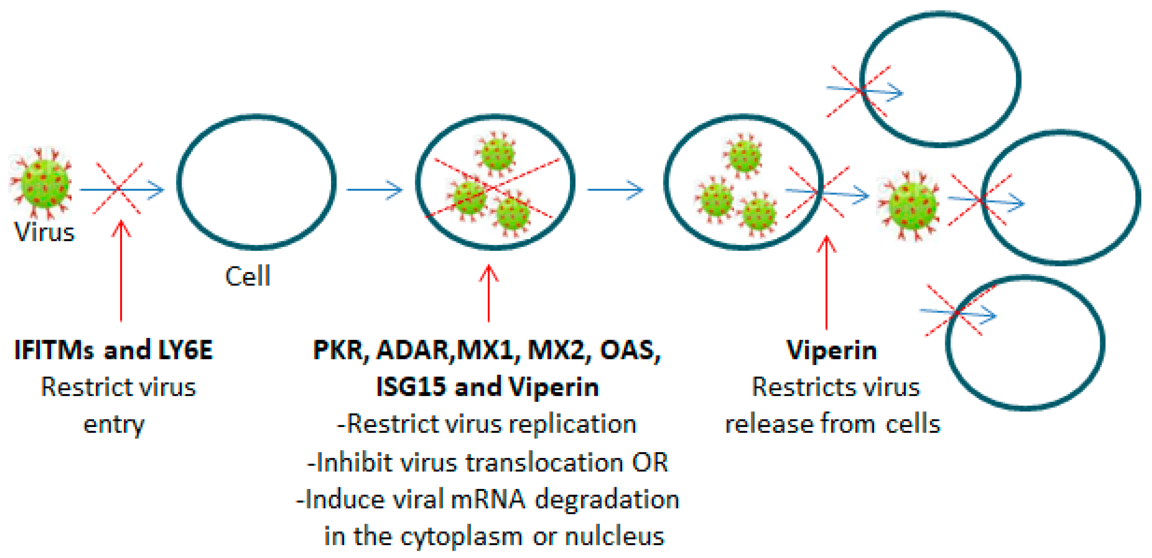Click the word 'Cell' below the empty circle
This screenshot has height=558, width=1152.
point(248,276)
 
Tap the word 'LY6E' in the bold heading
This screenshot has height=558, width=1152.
point(185,350)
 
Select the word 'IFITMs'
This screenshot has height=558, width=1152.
point(54,350)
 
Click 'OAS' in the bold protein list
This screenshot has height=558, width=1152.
point(628,350)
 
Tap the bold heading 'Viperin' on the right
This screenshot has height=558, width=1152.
point(832,350)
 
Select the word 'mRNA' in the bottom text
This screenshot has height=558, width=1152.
point(487,499)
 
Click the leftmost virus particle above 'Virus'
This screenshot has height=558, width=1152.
point(42,183)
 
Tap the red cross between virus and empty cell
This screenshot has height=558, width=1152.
point(118,188)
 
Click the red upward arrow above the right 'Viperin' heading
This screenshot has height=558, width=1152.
point(826,282)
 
